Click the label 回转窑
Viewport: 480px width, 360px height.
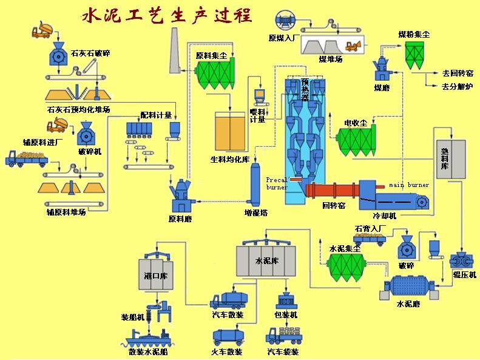[x=334, y=206]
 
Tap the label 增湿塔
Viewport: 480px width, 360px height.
[x=256, y=213]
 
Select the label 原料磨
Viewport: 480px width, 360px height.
[x=180, y=219]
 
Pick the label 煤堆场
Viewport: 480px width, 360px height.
[x=331, y=59]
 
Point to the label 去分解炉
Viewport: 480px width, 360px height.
[x=458, y=86]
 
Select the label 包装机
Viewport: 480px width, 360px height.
[x=285, y=316]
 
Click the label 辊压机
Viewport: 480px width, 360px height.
[x=465, y=274]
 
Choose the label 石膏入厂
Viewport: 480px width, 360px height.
[x=370, y=229]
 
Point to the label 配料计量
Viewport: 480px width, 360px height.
[x=156, y=115]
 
